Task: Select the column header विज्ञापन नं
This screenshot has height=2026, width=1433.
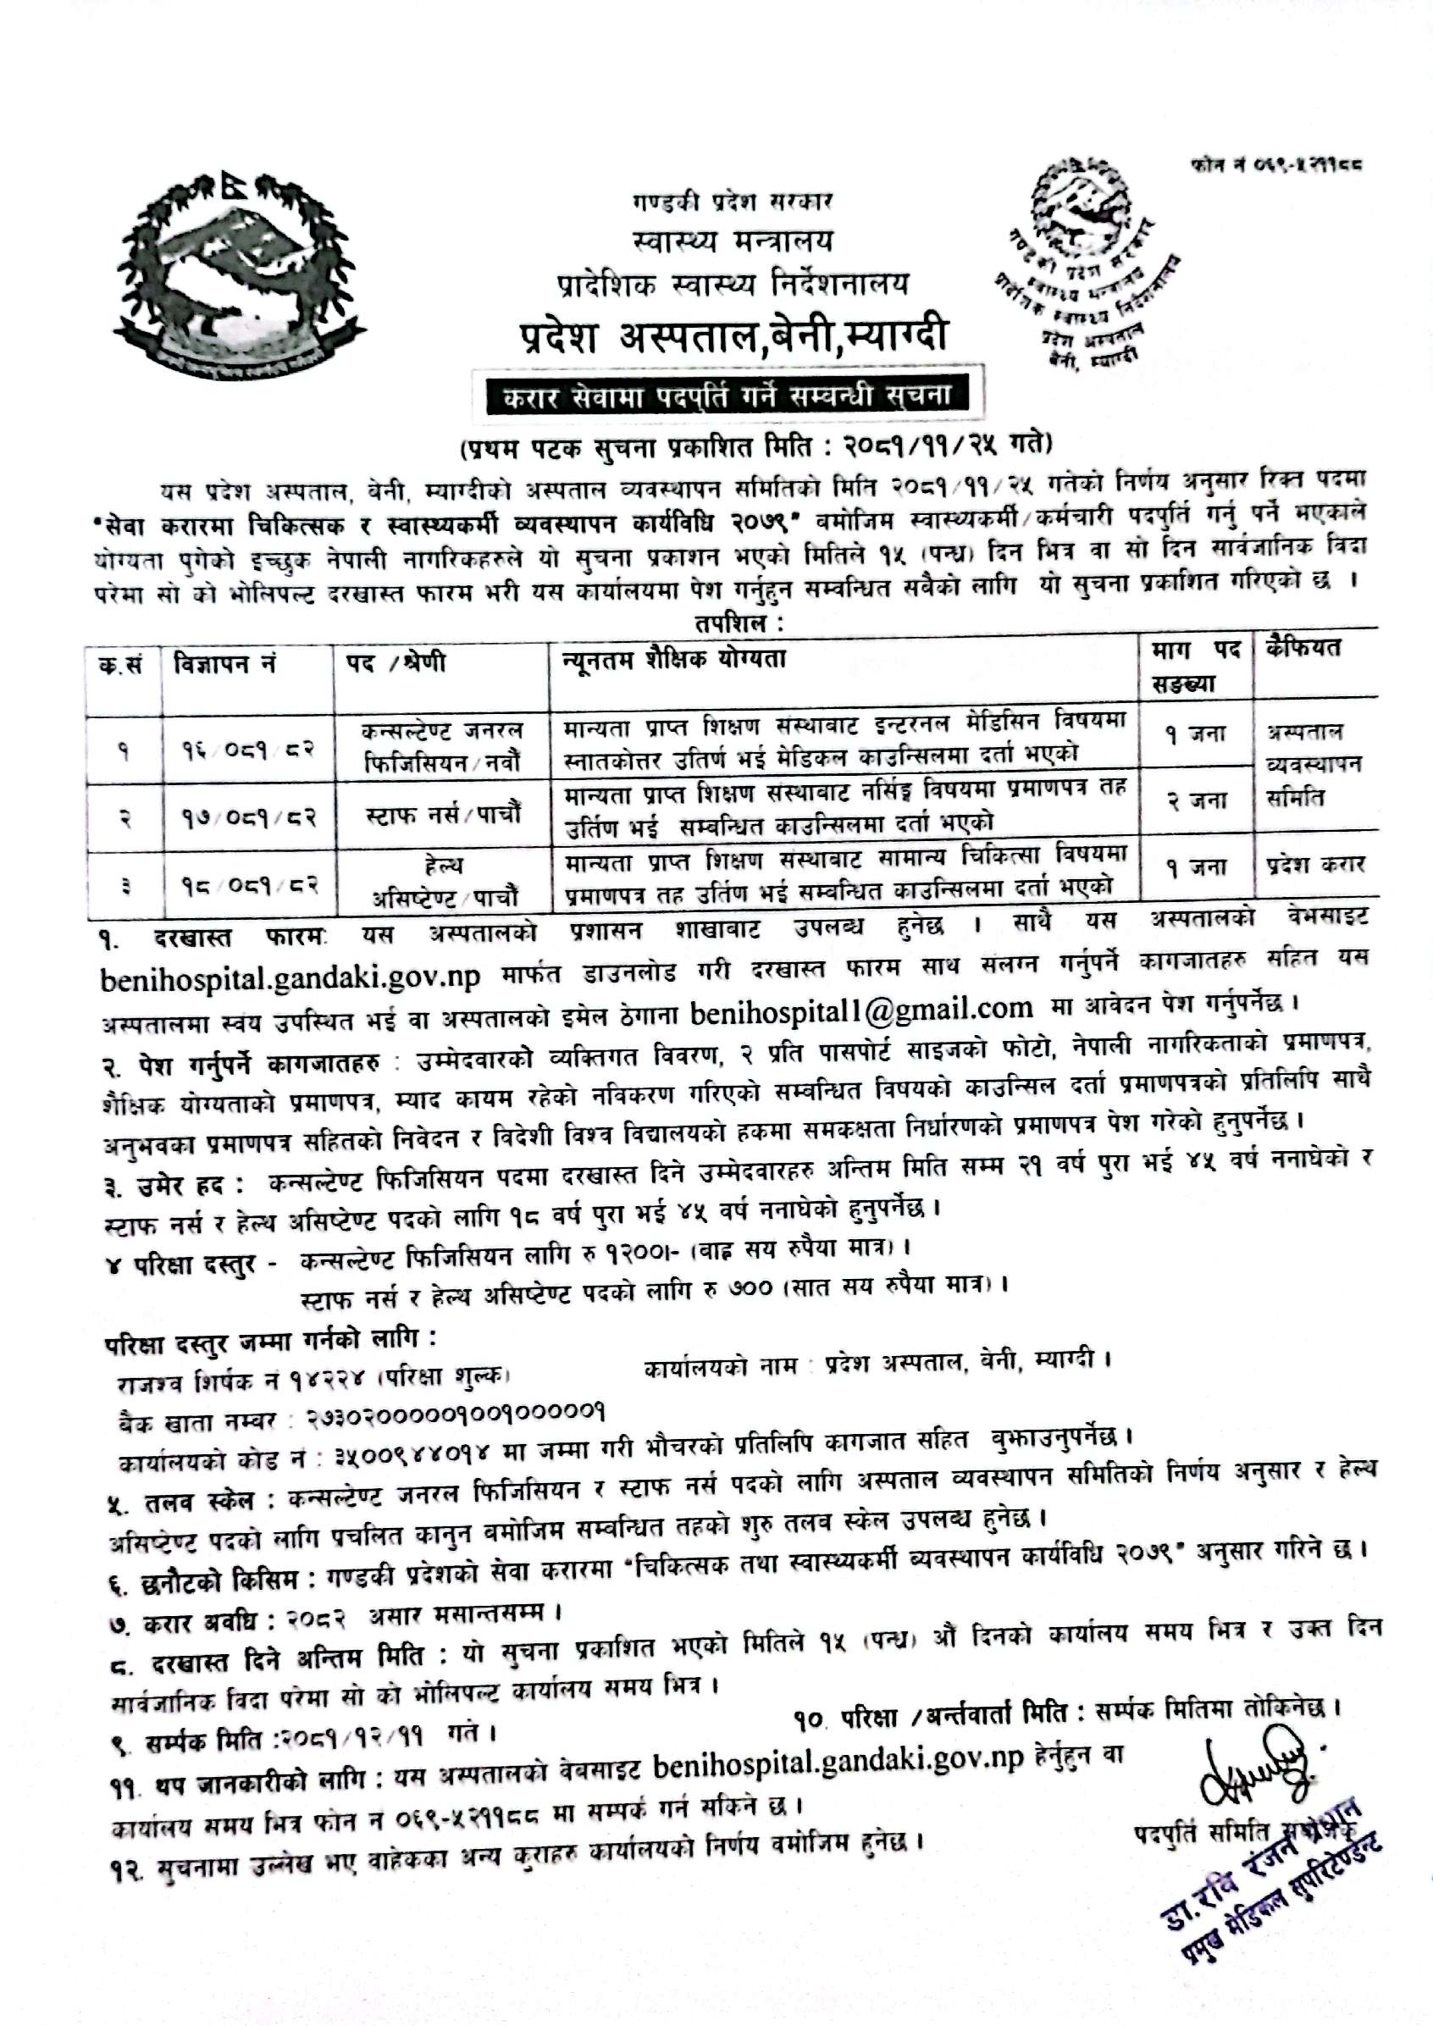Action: (225, 663)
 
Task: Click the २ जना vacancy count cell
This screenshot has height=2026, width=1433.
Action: (1196, 801)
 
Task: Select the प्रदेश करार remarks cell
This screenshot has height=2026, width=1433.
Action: (1315, 865)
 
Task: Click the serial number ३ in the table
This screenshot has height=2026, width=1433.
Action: (124, 883)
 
